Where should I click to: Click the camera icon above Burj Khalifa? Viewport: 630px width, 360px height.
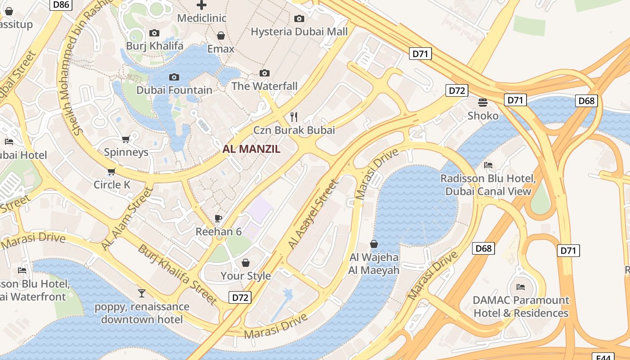(154, 33)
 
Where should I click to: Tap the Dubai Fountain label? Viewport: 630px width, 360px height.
(174, 90)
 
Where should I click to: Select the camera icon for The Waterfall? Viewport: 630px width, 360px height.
(265, 73)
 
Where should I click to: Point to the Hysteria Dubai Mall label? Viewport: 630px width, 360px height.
(299, 31)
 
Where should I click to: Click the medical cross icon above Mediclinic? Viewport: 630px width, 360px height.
(202, 5)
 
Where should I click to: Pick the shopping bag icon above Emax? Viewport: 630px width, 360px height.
(220, 36)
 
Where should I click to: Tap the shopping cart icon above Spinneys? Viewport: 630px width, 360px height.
(126, 139)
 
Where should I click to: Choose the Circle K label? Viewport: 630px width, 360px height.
(112, 184)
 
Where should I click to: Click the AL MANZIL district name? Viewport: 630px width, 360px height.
(252, 149)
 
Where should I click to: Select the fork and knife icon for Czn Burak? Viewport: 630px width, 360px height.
(294, 117)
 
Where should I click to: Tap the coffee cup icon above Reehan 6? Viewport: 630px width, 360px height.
(218, 219)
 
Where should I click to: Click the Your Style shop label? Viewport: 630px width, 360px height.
(246, 276)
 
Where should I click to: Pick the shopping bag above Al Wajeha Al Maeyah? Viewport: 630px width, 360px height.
(373, 244)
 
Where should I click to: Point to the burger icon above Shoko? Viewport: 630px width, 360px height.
(483, 103)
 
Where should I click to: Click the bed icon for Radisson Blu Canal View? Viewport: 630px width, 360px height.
(488, 165)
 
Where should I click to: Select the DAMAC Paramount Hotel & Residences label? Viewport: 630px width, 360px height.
(521, 306)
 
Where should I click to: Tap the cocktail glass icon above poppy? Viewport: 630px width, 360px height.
(142, 293)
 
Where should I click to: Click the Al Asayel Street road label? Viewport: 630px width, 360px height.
(313, 214)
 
